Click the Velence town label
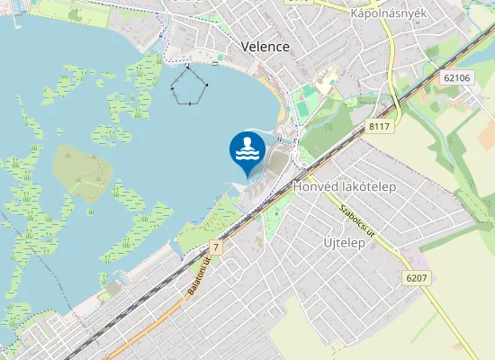(x=265, y=47)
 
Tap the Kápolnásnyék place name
(x=388, y=14)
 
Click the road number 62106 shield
(x=457, y=78)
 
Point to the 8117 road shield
(x=379, y=128)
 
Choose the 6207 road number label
(x=416, y=278)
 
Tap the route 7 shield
(x=216, y=247)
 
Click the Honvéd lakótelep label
(x=345, y=186)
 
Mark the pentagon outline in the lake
(x=189, y=85)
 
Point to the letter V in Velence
(x=246, y=47)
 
